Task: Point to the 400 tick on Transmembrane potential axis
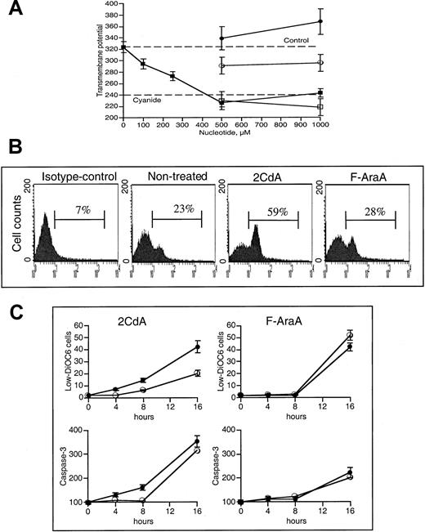112,4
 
